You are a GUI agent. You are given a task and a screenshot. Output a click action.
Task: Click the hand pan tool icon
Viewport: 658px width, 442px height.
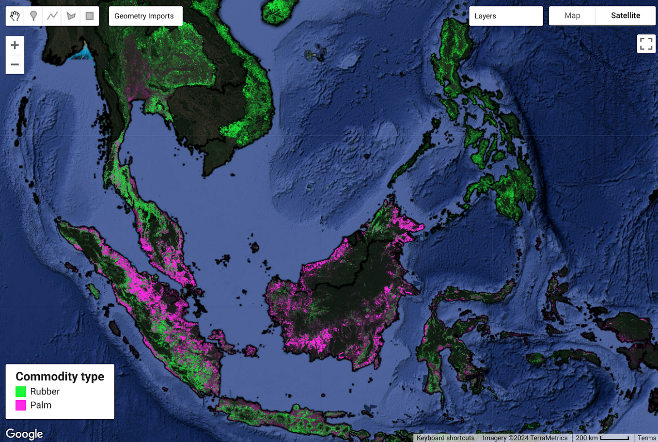click(15, 16)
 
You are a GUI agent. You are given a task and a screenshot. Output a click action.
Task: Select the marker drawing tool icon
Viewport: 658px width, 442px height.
click(33, 16)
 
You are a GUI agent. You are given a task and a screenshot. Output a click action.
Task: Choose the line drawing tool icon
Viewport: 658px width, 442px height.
click(52, 16)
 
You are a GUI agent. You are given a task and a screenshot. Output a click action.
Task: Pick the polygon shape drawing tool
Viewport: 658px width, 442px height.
click(71, 16)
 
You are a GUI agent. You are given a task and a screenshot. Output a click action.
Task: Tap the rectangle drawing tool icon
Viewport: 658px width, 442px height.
click(90, 16)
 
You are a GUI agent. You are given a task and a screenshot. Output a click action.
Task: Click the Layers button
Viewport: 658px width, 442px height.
click(505, 16)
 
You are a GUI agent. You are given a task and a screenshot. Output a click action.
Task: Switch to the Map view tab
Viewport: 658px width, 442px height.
click(572, 16)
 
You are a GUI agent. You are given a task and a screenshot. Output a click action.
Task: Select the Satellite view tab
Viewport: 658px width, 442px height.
click(626, 16)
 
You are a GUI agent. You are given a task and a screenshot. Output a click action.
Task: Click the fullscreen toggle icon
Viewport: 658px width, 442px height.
click(646, 44)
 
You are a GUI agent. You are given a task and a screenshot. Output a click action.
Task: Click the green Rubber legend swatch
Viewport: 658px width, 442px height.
click(21, 392)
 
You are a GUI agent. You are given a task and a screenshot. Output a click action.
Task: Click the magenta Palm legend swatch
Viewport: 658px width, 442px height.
click(21, 405)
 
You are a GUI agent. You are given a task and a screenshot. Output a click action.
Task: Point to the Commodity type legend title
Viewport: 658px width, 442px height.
click(60, 377)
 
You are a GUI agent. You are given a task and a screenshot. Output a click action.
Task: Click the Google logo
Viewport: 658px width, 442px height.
click(24, 434)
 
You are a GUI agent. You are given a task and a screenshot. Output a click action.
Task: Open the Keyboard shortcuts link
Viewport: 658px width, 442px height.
click(445, 438)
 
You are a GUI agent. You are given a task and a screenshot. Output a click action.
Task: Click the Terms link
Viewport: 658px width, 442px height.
click(646, 438)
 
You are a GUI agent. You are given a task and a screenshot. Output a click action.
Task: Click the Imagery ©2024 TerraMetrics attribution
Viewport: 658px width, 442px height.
click(525, 438)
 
